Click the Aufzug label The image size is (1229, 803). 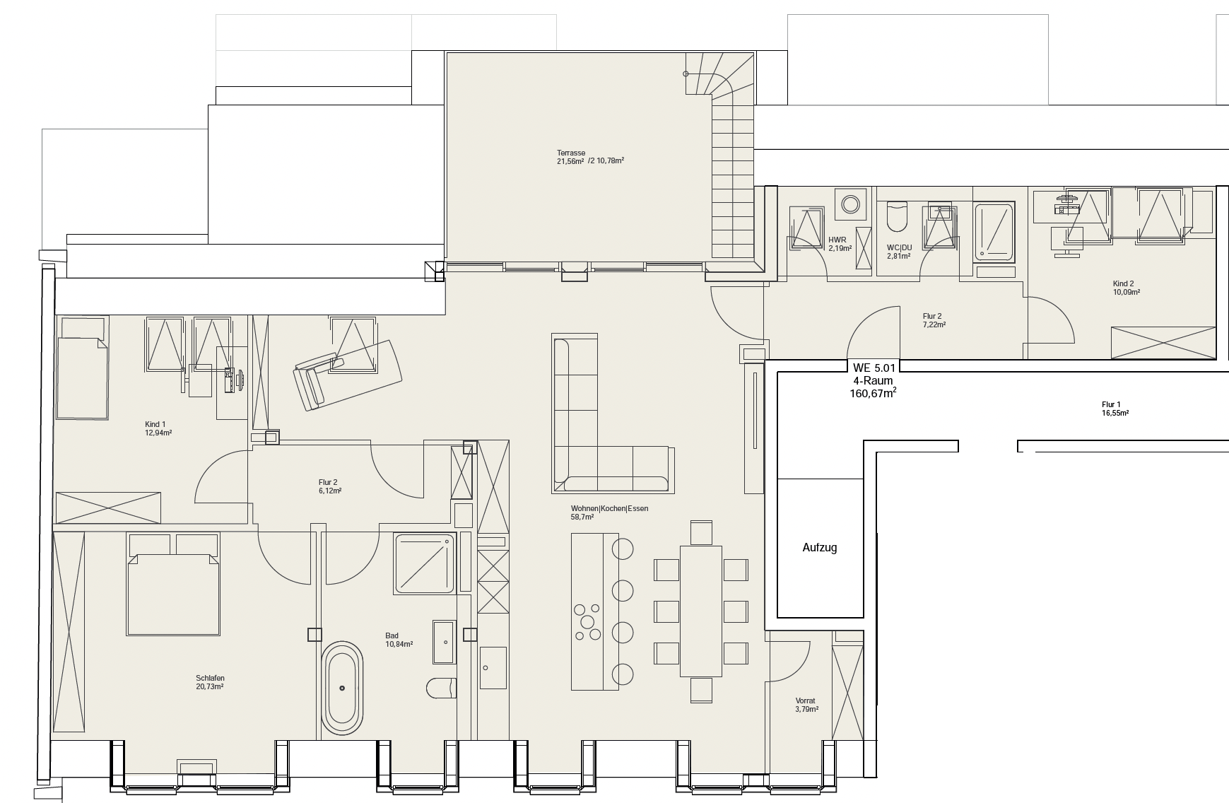point(820,548)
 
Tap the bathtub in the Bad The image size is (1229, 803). point(343,688)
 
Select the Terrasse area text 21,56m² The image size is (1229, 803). point(570,161)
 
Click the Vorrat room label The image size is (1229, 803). point(805,701)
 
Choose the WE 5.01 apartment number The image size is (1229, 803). point(874,368)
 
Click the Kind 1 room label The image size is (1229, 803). point(155,425)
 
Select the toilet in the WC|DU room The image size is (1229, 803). point(896,216)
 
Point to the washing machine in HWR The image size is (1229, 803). point(849,204)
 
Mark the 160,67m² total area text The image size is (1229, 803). point(874,394)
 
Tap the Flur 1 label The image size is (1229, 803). point(1111,405)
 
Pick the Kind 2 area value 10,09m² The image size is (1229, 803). point(1127,292)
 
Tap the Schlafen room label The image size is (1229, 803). point(211,679)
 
